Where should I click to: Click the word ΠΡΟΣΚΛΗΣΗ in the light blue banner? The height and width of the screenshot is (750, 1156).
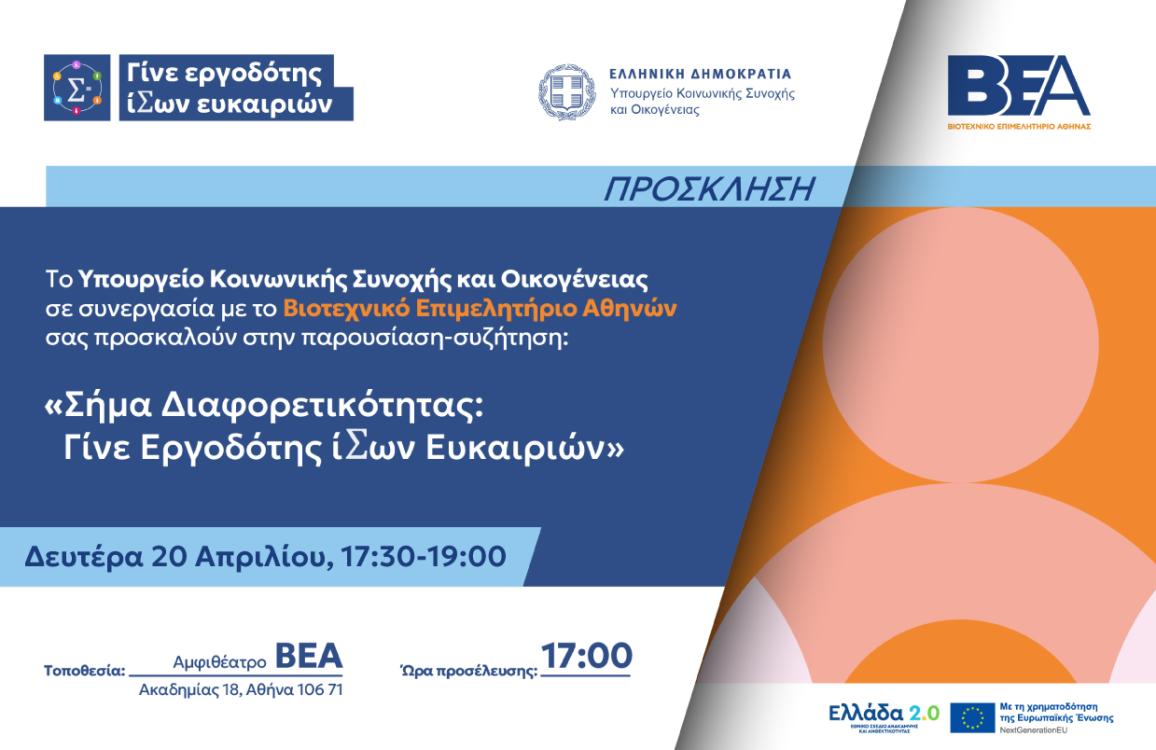pyautogui.click(x=709, y=188)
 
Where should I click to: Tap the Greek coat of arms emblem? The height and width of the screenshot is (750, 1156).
pyautogui.click(x=565, y=92)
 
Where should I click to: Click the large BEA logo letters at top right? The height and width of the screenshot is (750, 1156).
pyautogui.click(x=1018, y=86)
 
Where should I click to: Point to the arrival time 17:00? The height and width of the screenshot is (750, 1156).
pyautogui.click(x=587, y=657)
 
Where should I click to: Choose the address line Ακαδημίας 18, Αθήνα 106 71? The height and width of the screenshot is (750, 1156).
pyautogui.click(x=241, y=690)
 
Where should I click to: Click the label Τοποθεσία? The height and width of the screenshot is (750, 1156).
pyautogui.click(x=84, y=670)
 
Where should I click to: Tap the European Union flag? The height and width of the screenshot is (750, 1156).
pyautogui.click(x=972, y=717)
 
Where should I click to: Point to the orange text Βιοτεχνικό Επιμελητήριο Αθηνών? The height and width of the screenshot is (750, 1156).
pyautogui.click(x=480, y=308)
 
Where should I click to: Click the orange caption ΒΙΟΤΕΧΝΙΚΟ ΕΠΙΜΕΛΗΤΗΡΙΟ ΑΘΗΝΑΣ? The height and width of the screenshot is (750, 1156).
pyautogui.click(x=1018, y=125)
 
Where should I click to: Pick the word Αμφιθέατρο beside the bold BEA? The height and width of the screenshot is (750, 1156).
pyautogui.click(x=220, y=661)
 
